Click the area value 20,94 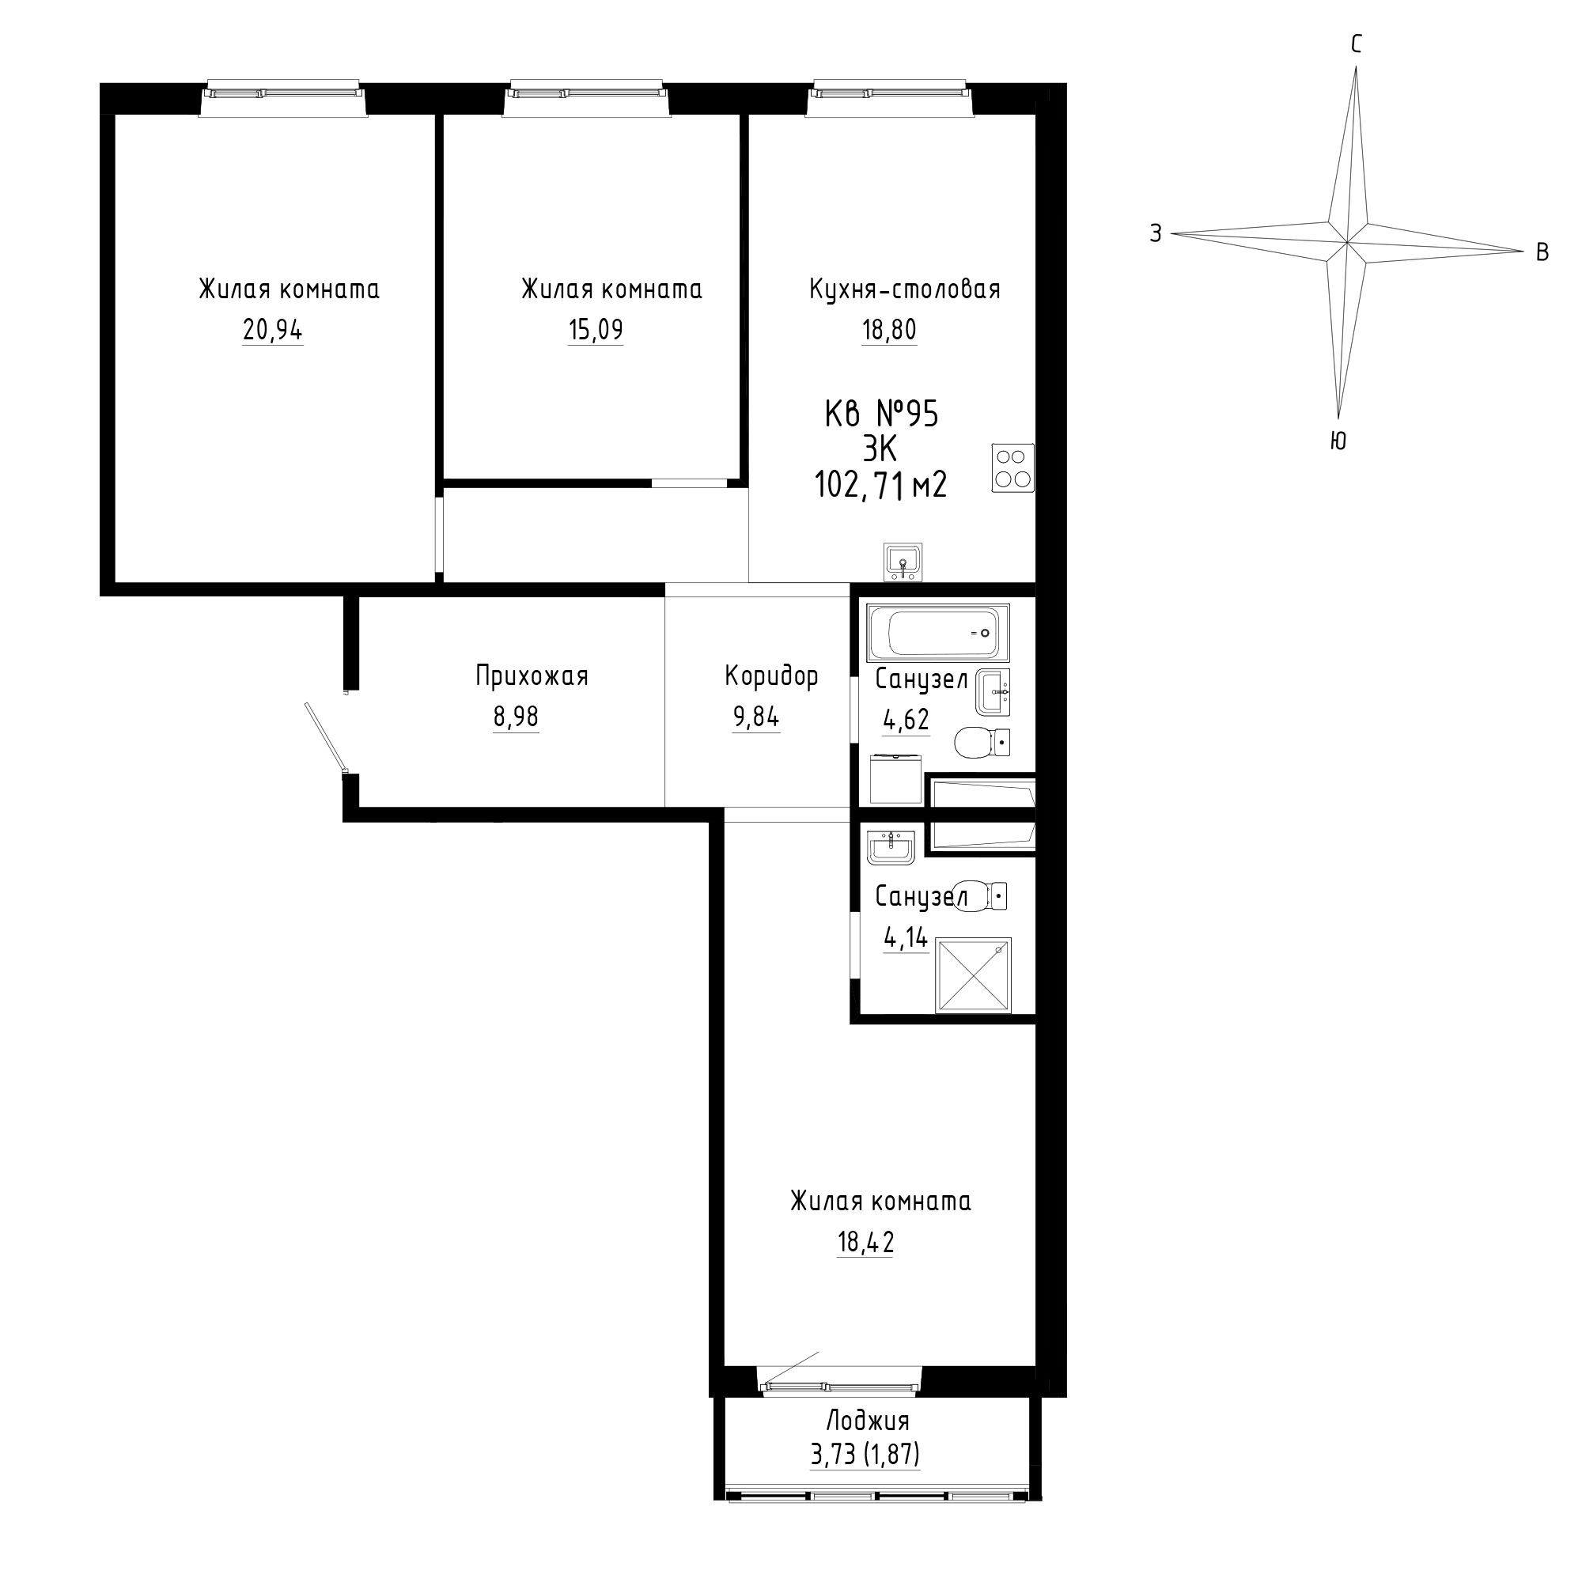(273, 330)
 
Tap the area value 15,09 (596, 330)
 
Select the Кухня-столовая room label (905, 289)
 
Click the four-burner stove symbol (1013, 467)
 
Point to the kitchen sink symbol (903, 562)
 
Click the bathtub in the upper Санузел (939, 632)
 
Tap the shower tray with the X (974, 975)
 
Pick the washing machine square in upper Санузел (896, 778)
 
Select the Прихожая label (532, 676)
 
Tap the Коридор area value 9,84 (757, 717)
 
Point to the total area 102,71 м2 (881, 486)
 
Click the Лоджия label (868, 1420)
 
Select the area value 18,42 (865, 1242)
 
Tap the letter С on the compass (1356, 44)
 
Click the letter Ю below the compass (1338, 441)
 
